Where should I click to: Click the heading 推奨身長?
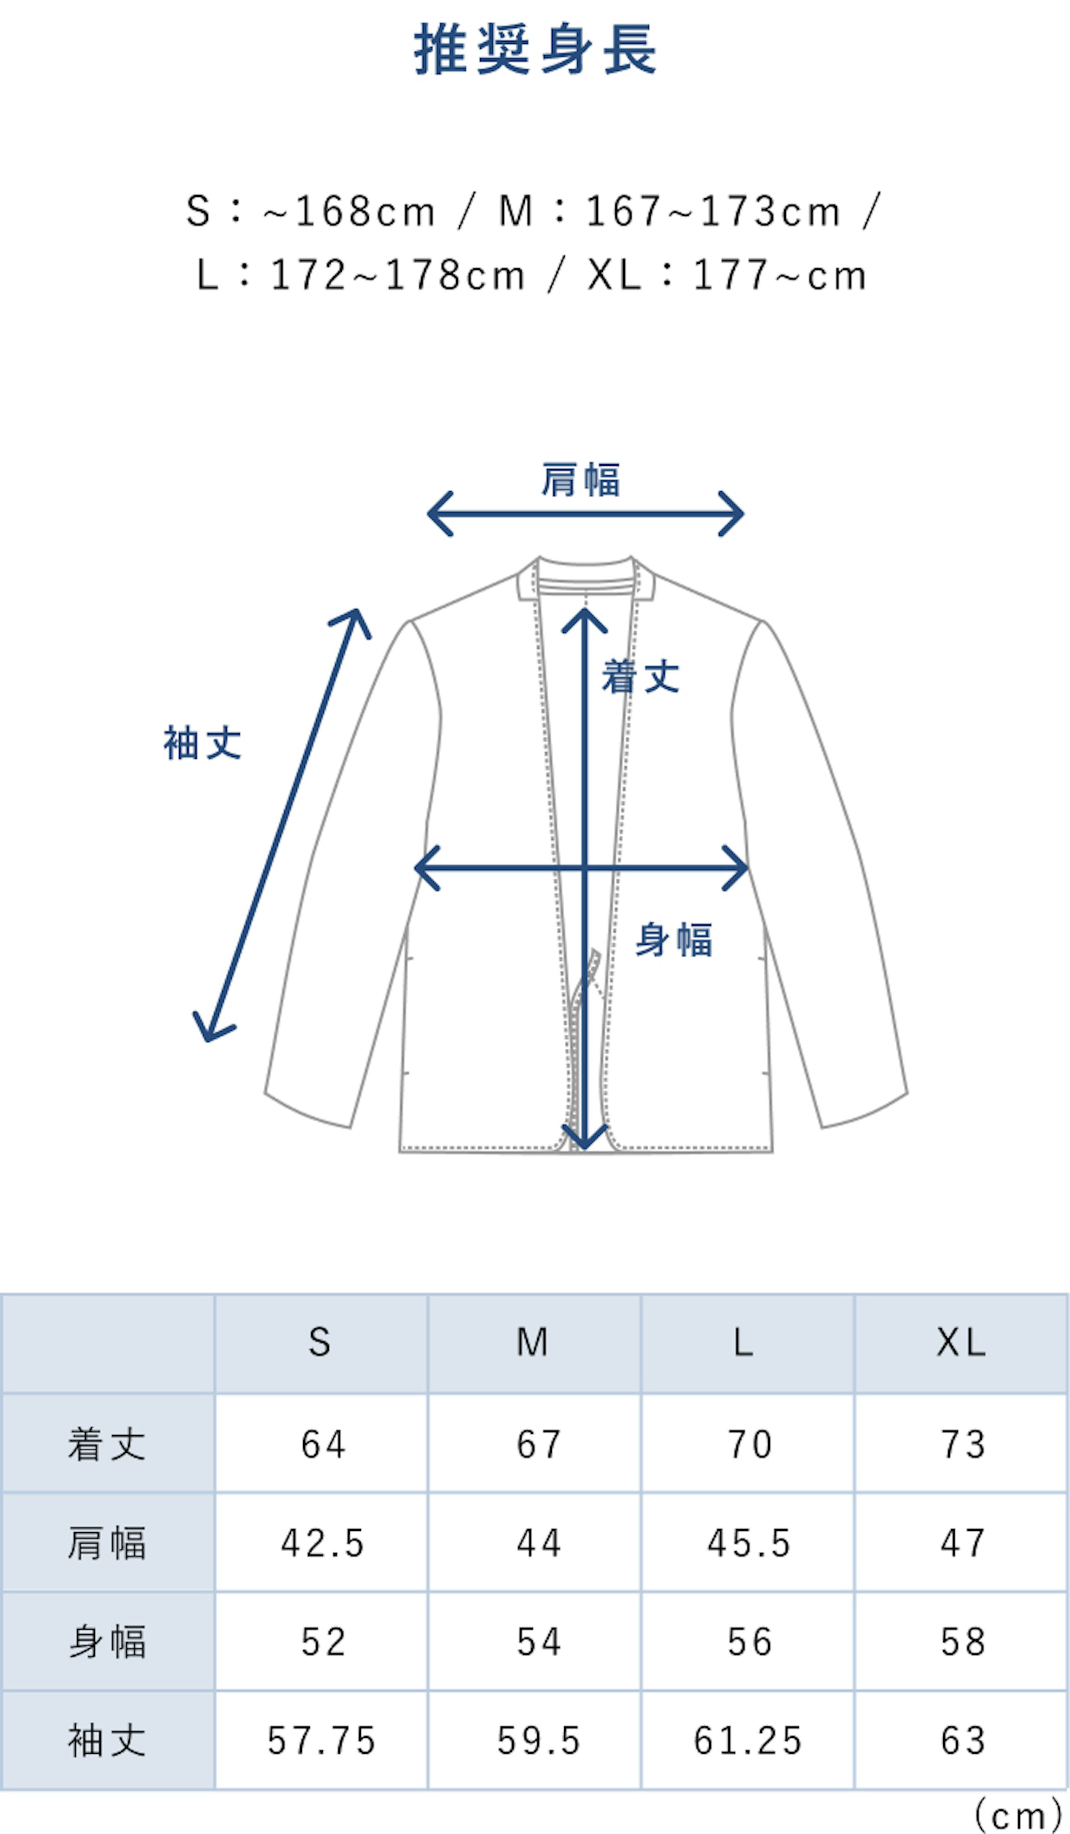(535, 50)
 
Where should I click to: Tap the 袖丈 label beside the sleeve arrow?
(202, 743)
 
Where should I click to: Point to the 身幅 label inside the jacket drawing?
(674, 940)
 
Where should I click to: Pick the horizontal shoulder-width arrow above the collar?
(585, 514)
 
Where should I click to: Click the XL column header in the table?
(961, 1343)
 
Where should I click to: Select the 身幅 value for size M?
(539, 1642)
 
